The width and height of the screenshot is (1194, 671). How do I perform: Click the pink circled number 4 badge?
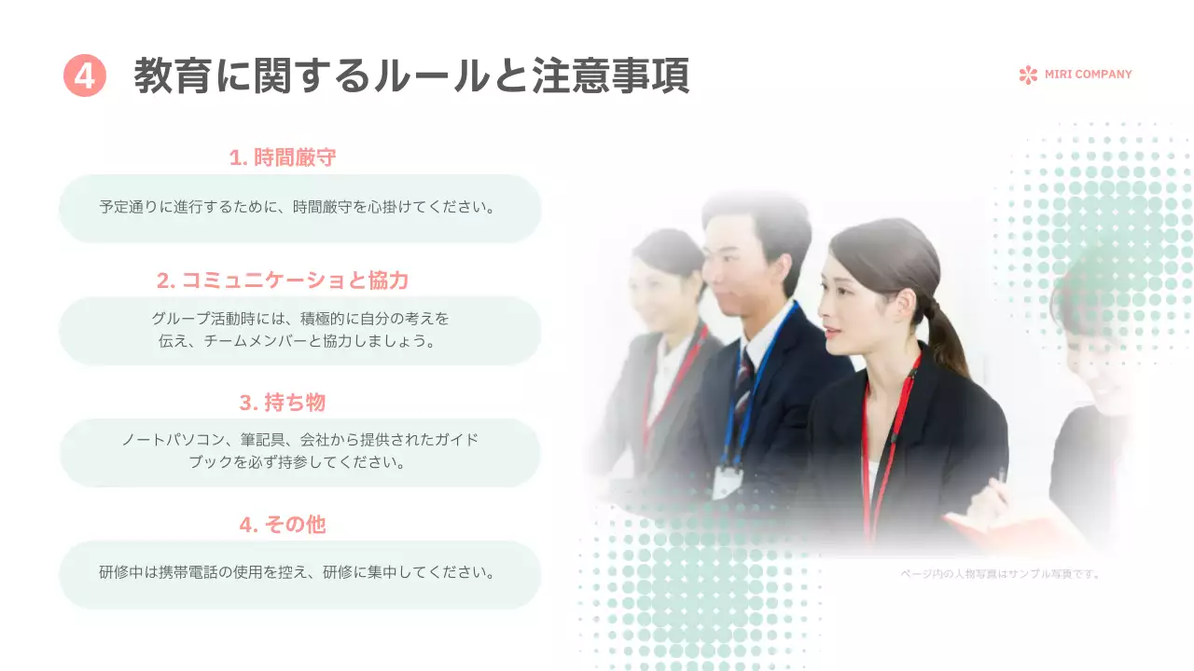[84, 75]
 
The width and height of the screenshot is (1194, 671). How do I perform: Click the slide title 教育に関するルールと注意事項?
[411, 75]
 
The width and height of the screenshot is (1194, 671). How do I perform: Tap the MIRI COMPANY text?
[1088, 75]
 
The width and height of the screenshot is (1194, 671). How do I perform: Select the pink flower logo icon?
[1028, 75]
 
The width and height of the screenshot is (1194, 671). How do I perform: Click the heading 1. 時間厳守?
[283, 157]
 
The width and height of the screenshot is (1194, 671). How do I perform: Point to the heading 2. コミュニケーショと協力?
[283, 281]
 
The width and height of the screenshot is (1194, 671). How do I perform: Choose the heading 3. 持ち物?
[283, 403]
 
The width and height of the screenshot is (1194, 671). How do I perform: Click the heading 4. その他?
[283, 525]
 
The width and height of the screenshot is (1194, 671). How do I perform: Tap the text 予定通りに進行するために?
[191, 207]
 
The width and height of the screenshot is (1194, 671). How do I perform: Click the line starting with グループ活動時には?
[300, 319]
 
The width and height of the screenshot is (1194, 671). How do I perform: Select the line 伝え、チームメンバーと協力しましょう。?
[300, 341]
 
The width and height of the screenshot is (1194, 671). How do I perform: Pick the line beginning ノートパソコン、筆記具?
[300, 440]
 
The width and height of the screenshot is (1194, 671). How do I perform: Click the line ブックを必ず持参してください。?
[300, 463]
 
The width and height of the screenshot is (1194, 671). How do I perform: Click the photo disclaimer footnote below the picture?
[1000, 574]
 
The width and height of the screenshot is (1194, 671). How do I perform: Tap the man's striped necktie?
[743, 382]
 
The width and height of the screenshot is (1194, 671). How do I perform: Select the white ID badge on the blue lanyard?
[727, 480]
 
